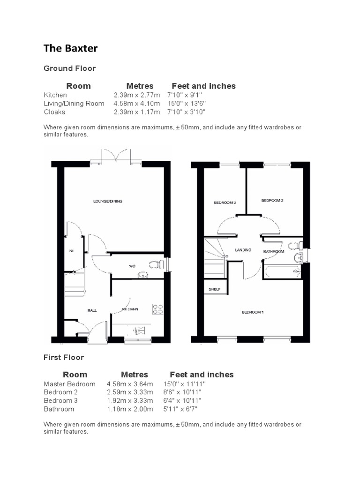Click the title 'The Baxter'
71,48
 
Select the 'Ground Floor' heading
69,68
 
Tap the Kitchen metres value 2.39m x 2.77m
136,95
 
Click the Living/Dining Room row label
74,103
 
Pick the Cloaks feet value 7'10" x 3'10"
187,112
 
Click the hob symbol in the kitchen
158,309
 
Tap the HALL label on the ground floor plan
92,310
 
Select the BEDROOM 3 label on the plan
225,202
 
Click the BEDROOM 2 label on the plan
272,200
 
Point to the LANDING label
243,250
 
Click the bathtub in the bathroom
282,271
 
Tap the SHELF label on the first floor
214,290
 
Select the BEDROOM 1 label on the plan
253,312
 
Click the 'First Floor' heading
64,357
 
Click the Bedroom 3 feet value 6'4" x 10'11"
182,401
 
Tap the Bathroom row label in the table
59,409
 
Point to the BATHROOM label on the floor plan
274,252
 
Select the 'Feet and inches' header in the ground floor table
203,86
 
